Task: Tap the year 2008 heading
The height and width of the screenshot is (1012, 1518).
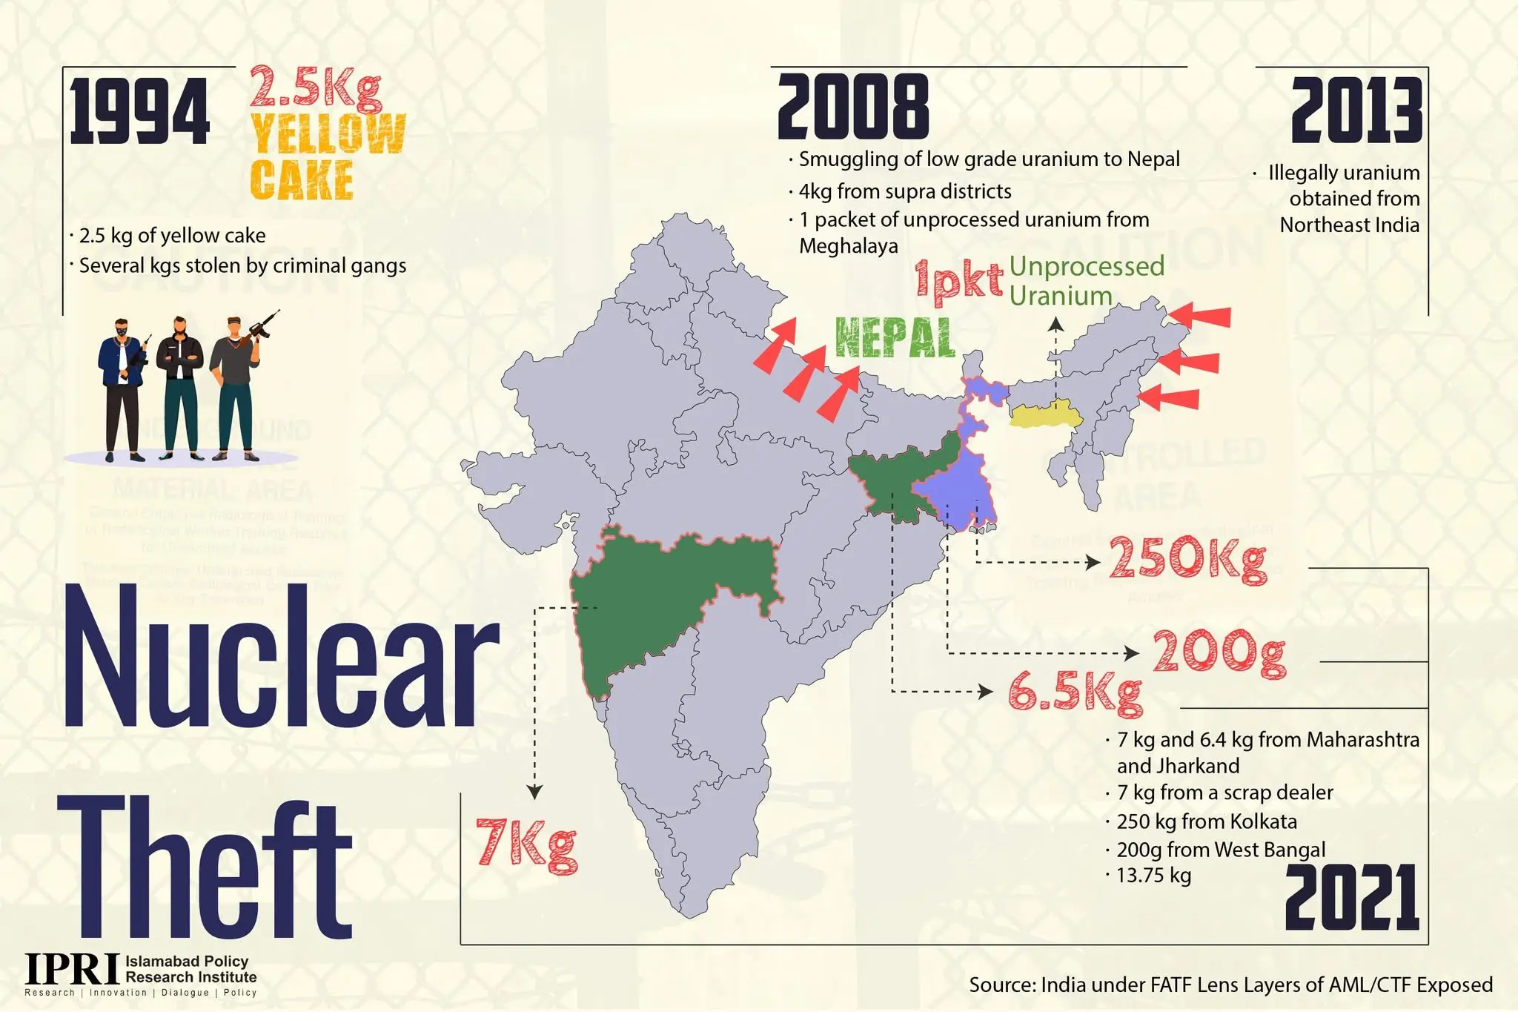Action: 852,108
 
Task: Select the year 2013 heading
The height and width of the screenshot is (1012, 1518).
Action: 1356,111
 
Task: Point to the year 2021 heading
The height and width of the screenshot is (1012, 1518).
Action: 1351,898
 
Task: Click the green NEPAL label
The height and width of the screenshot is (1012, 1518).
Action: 894,338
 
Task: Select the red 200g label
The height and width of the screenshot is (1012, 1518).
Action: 1219,653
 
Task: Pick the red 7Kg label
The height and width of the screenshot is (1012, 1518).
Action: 526,844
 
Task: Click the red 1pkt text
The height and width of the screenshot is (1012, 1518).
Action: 958,282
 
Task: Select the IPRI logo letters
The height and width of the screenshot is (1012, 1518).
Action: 73,969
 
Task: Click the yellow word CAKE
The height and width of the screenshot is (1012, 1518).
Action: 302,180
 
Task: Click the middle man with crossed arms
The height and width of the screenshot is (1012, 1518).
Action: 179,386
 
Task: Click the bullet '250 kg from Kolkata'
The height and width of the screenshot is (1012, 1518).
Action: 1207,821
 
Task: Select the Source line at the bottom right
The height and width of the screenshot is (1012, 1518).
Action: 1230,985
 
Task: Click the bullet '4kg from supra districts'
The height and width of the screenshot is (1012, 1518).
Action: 904,191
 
